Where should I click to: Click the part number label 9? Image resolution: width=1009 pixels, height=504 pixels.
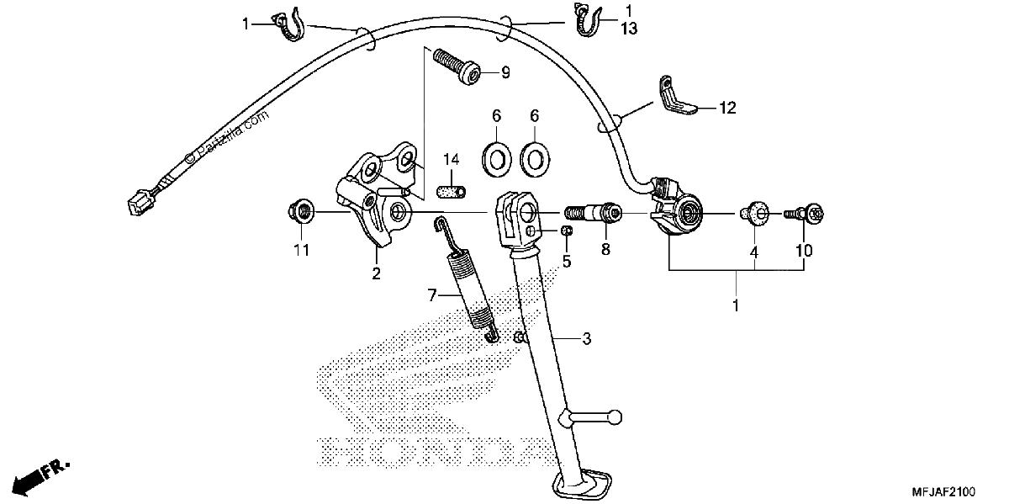[505, 72]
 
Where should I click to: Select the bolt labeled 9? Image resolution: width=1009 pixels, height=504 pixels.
[457, 66]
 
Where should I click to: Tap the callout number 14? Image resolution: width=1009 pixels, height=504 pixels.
[451, 159]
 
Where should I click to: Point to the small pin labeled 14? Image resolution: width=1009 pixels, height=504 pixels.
[452, 192]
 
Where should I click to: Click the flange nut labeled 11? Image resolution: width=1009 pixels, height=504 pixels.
[301, 212]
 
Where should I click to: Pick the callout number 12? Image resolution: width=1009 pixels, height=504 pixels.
[727, 108]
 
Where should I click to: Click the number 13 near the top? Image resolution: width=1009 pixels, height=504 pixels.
[629, 29]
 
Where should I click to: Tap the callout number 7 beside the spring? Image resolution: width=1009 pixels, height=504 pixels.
[432, 295]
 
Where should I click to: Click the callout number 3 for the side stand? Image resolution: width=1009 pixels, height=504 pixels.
[587, 338]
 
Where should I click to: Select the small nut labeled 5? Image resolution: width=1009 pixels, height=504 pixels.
[567, 231]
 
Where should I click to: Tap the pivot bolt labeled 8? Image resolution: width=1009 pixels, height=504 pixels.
[593, 213]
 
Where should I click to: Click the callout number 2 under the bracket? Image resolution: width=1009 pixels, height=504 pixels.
[376, 273]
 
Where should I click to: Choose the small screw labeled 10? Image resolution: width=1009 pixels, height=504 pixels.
[804, 213]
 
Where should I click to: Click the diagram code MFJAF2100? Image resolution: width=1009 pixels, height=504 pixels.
[943, 491]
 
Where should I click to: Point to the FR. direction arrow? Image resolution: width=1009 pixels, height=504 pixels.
[40, 478]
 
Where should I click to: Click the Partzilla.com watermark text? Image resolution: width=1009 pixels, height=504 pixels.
[227, 135]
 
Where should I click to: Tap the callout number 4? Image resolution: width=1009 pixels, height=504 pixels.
[754, 252]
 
